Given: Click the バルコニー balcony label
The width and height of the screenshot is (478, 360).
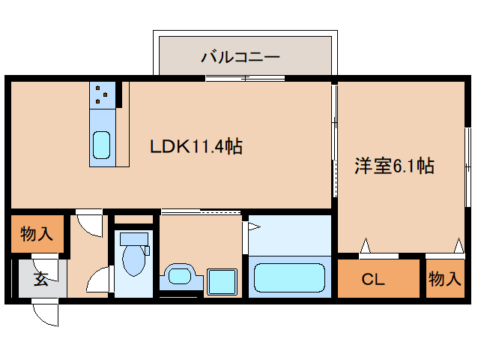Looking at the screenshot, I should (x=240, y=56).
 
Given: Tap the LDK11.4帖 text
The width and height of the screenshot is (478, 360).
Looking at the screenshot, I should (x=196, y=146).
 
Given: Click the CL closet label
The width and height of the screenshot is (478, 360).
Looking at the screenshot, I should (x=373, y=280).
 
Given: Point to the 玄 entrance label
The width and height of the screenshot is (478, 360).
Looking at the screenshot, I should (x=40, y=280).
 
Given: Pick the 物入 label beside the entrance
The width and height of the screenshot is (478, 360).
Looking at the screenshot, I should (x=36, y=235).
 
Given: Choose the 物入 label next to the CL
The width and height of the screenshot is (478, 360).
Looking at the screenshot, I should (x=444, y=280).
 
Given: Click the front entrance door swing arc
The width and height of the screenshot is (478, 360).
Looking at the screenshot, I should (x=46, y=313).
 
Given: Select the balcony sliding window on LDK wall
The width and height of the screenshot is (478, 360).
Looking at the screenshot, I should (x=245, y=78).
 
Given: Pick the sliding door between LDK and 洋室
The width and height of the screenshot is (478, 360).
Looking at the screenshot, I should (x=334, y=142).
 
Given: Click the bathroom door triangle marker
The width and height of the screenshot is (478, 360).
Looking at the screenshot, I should (x=246, y=225).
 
